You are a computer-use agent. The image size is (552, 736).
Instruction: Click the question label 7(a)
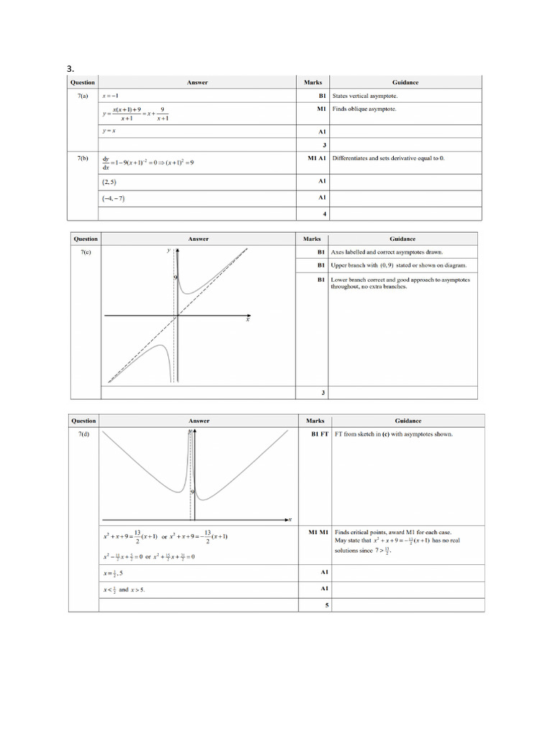coord(83,96)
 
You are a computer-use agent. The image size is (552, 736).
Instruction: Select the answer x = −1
coord(110,96)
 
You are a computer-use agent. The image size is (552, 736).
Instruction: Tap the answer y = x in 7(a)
coord(109,131)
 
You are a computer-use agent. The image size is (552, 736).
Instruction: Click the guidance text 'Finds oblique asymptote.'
coord(364,109)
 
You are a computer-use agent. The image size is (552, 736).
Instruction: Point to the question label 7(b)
coord(83,158)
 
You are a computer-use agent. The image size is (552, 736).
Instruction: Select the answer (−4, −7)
coord(114,198)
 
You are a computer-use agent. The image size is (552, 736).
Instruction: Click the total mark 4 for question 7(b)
coord(324,213)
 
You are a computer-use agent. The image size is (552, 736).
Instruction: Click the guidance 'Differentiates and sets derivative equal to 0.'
coord(388,158)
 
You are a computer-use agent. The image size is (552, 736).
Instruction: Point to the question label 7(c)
coord(86,252)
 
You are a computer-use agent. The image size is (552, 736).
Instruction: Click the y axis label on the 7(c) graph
coord(168,250)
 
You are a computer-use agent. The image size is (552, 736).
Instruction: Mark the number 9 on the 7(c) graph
coord(174,277)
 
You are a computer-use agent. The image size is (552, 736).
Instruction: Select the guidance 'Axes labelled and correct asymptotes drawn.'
coord(387,252)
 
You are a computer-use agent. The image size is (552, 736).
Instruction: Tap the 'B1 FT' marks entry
coord(319,434)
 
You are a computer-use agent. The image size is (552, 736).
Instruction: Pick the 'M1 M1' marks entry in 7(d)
coord(318,532)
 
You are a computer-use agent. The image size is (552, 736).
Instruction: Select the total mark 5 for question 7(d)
coord(326,605)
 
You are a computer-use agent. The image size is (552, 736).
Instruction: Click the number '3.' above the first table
coord(70,68)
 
